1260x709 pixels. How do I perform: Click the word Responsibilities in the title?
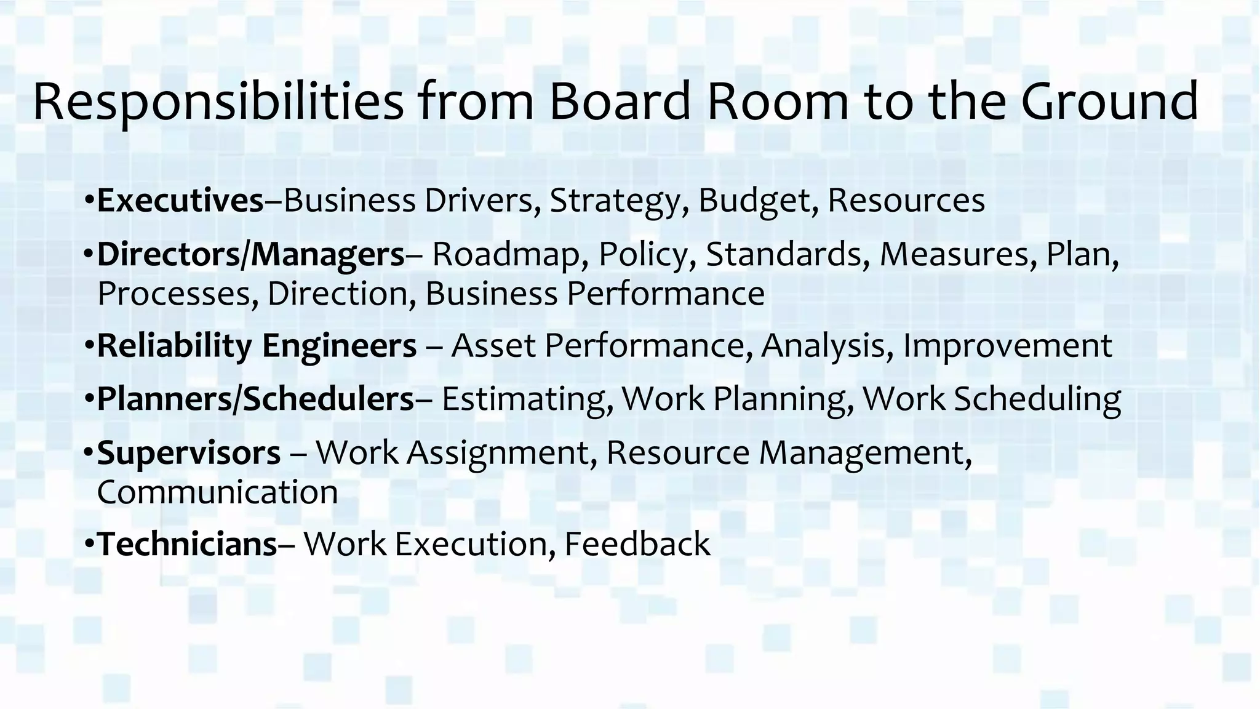[218, 102]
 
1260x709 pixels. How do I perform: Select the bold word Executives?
[180, 201]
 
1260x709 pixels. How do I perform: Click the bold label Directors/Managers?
[251, 254]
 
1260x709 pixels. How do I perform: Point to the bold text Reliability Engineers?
[257, 345]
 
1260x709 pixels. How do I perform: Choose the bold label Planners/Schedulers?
[256, 399]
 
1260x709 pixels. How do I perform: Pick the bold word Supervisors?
[189, 453]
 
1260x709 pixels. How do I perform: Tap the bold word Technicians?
[188, 544]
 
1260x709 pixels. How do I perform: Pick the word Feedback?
[637, 544]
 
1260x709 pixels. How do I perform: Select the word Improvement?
[1007, 346]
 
